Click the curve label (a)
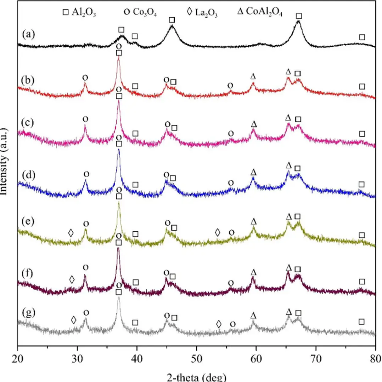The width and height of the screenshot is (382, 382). [x=28, y=34]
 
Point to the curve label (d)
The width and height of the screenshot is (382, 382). [x=28, y=175]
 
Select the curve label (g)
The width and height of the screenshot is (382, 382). [x=28, y=313]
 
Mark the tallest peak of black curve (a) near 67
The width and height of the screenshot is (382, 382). [x=298, y=21]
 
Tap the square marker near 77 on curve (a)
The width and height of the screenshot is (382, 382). [x=362, y=37]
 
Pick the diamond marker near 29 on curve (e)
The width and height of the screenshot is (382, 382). [x=71, y=233]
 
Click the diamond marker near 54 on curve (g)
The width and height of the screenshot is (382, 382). [x=219, y=324]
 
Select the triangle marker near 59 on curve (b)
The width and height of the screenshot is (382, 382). [x=253, y=76]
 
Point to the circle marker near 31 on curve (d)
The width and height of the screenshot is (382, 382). [x=86, y=174]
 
